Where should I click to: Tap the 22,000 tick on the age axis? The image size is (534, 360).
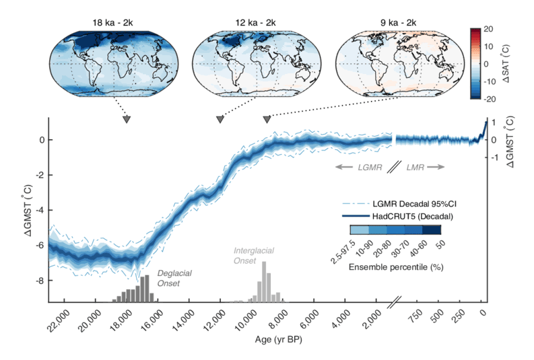click(60, 317)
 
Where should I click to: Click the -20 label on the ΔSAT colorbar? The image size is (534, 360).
click(488, 98)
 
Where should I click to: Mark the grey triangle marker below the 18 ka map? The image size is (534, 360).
click(127, 120)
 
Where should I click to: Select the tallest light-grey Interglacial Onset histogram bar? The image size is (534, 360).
click(264, 282)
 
